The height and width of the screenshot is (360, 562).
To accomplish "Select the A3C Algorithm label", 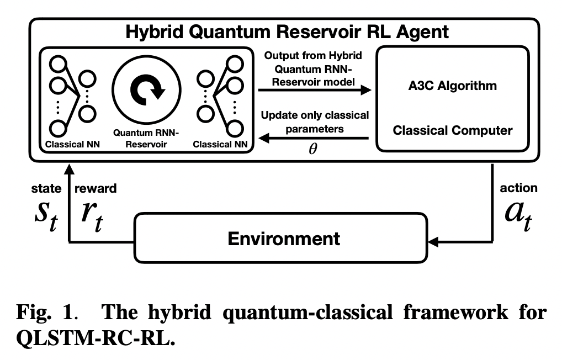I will click(452, 86).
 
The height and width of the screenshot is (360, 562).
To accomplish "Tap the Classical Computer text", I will click(452, 131).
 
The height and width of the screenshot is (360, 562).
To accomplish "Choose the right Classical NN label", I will click(220, 145).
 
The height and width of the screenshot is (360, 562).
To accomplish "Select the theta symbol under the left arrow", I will click(313, 150).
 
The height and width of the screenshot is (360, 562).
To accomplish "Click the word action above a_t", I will click(518, 188).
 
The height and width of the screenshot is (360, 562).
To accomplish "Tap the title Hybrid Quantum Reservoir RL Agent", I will click(287, 31).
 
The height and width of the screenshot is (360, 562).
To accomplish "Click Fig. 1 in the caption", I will click(45, 313).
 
